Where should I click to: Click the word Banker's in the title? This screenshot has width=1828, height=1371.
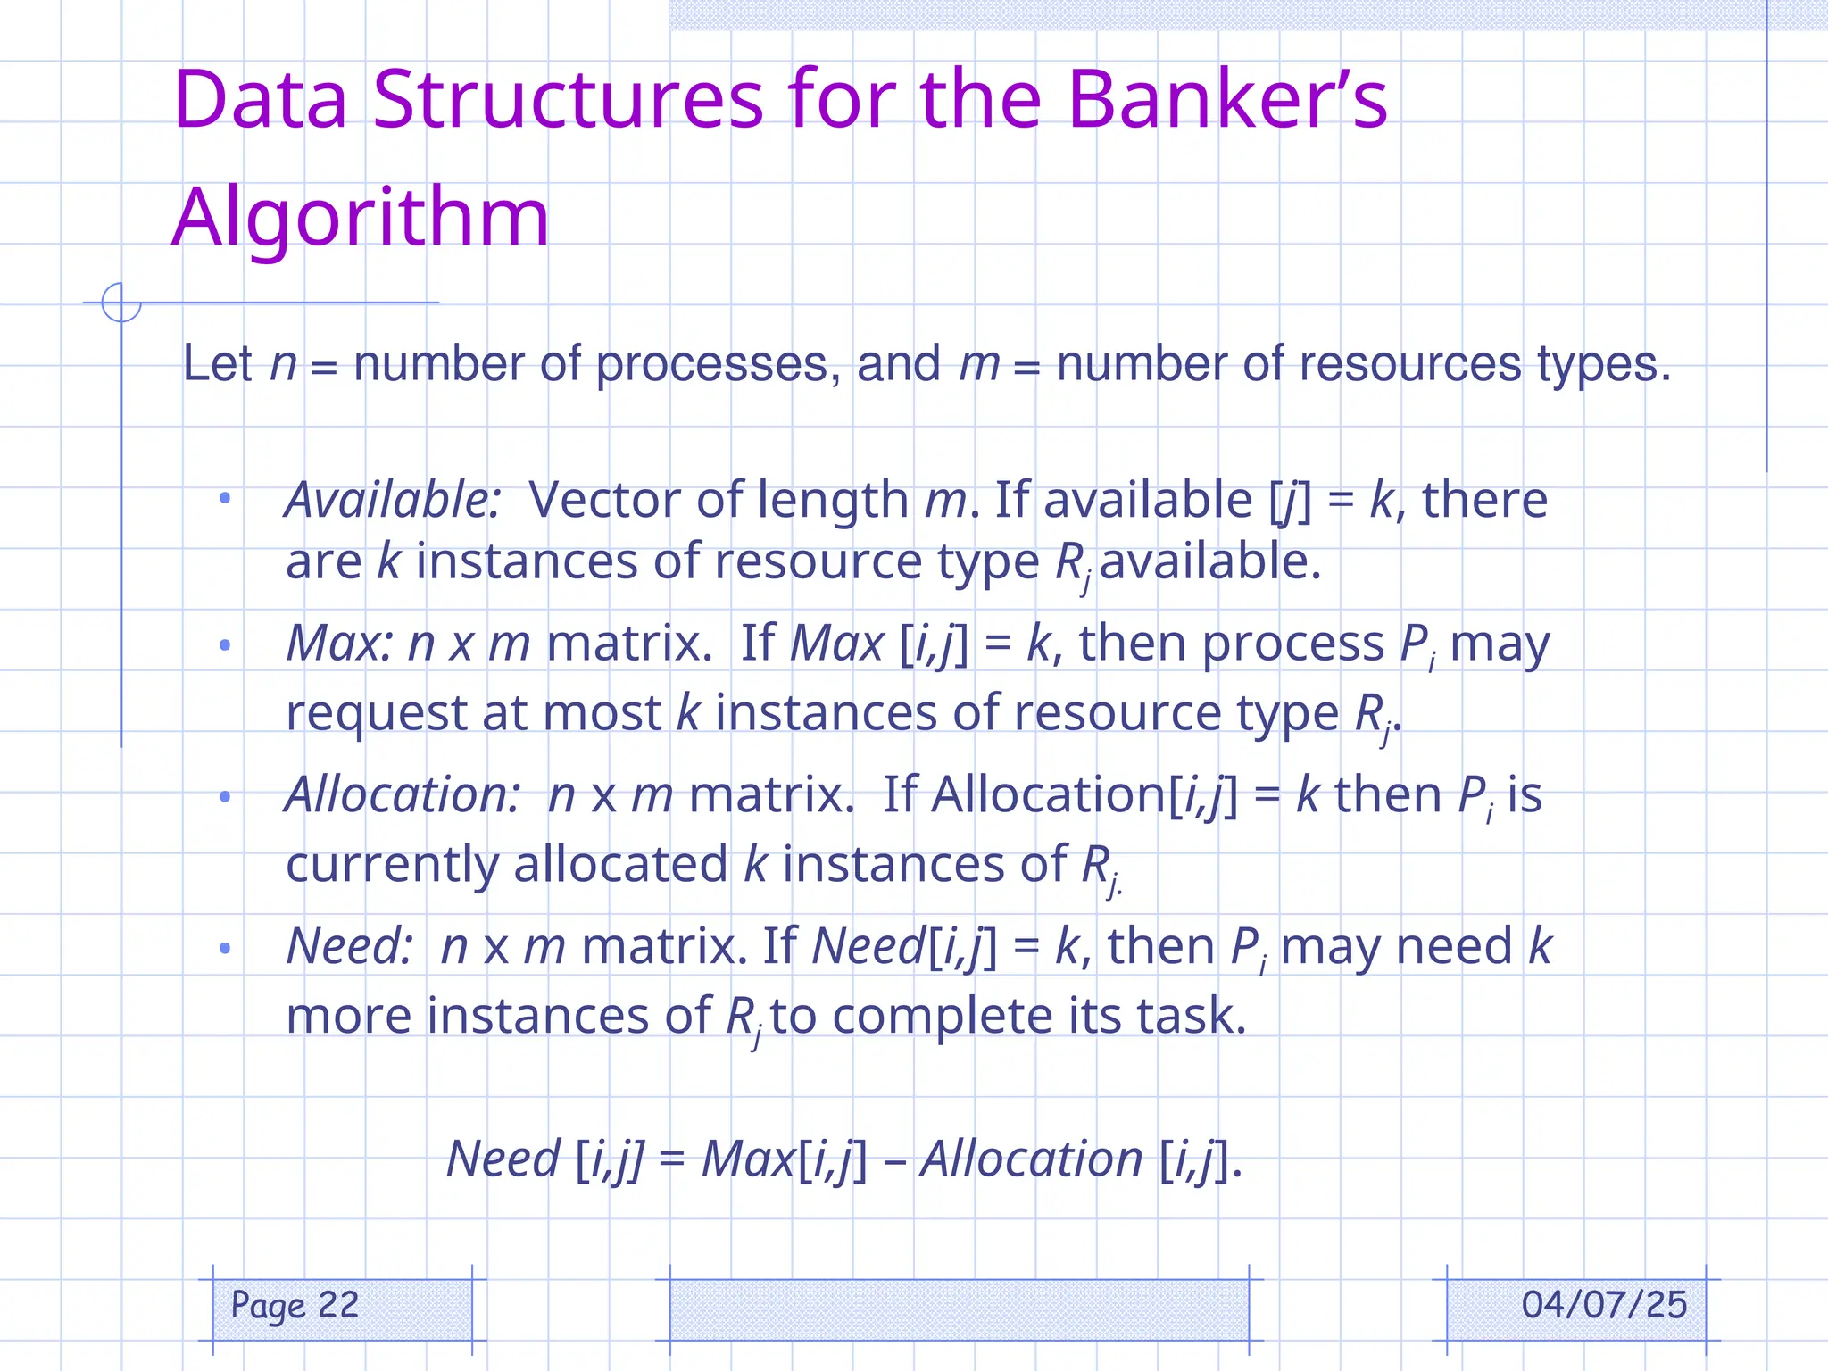[x=1226, y=99]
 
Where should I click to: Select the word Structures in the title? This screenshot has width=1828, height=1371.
[x=568, y=99]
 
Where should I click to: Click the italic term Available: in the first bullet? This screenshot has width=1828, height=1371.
[x=393, y=500]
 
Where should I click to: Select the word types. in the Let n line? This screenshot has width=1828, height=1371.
[x=1603, y=365]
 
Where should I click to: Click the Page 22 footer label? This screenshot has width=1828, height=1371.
[x=295, y=1306]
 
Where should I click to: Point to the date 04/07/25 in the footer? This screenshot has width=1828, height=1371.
[x=1604, y=1305]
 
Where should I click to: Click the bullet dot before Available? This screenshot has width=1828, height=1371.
[x=225, y=498]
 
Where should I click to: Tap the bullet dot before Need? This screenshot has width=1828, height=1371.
[x=225, y=947]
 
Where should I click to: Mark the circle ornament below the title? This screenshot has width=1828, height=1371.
[x=121, y=303]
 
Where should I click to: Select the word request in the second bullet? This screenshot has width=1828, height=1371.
[x=377, y=713]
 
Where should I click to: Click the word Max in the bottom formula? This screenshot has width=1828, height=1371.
[x=748, y=1159]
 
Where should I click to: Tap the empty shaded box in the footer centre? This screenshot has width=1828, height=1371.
[x=959, y=1309]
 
